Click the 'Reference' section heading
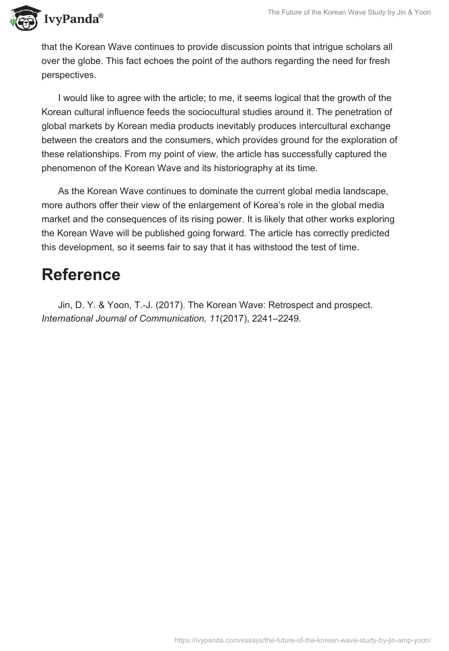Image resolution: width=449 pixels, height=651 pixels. coord(81,274)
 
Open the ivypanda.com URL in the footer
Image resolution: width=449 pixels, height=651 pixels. coord(303,639)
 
